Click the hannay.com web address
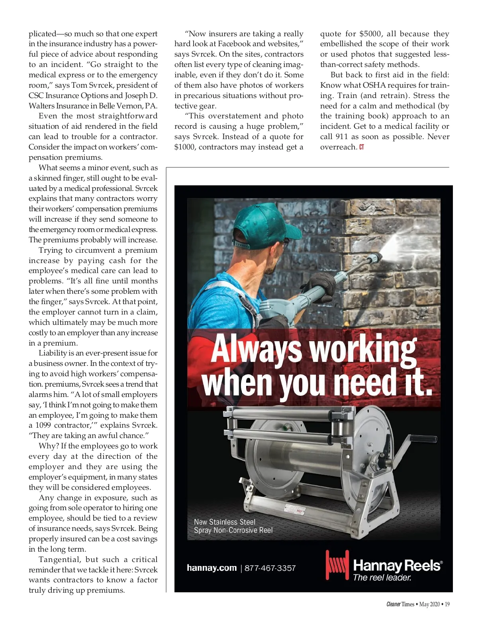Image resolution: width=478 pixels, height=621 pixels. (212, 568)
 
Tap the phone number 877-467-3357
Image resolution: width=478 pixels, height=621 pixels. (270, 568)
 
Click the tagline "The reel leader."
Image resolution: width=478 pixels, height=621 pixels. (382, 578)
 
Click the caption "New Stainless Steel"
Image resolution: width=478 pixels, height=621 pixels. (225, 522)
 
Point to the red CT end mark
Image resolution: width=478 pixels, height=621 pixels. (362, 147)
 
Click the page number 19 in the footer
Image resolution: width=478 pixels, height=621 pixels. (447, 604)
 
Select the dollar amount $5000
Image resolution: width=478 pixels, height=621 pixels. (370, 34)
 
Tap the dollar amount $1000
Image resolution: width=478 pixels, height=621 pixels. (185, 147)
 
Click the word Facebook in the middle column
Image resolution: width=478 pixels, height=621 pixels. (234, 44)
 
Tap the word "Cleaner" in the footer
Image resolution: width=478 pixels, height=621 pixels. (393, 604)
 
